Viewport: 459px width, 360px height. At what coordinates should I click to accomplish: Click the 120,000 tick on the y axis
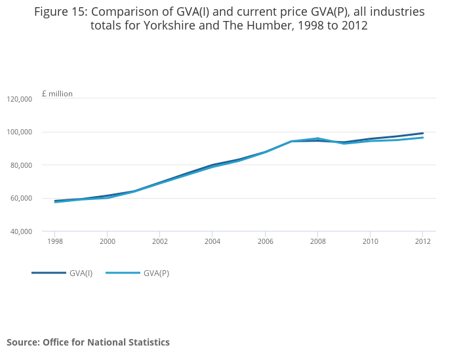pyautogui.click(x=19, y=99)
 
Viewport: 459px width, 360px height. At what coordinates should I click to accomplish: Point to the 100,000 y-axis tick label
pyautogui.click(x=19, y=132)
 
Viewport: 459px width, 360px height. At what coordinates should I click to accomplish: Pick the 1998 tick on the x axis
pyautogui.click(x=55, y=241)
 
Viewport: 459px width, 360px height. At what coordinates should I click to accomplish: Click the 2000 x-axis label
pyautogui.click(x=108, y=241)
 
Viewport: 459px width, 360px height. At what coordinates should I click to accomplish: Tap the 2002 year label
pyautogui.click(x=160, y=241)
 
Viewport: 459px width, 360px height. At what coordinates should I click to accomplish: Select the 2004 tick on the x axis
pyautogui.click(x=212, y=241)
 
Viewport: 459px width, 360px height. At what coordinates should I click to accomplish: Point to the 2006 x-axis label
pyautogui.click(x=265, y=241)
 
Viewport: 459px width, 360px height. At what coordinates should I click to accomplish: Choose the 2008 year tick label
pyautogui.click(x=317, y=241)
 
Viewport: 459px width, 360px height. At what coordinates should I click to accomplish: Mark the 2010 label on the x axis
pyautogui.click(x=370, y=241)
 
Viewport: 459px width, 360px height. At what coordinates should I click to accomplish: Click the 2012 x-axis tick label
pyautogui.click(x=422, y=241)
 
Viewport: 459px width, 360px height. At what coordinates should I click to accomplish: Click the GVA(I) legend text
pyautogui.click(x=81, y=273)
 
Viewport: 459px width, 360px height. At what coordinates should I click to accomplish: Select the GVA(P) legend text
pyautogui.click(x=157, y=273)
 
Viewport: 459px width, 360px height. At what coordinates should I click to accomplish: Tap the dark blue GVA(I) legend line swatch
pyautogui.click(x=49, y=273)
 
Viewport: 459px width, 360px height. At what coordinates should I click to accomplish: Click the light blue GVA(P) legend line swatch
pyautogui.click(x=123, y=273)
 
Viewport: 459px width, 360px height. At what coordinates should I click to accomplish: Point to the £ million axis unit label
pyautogui.click(x=57, y=94)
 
